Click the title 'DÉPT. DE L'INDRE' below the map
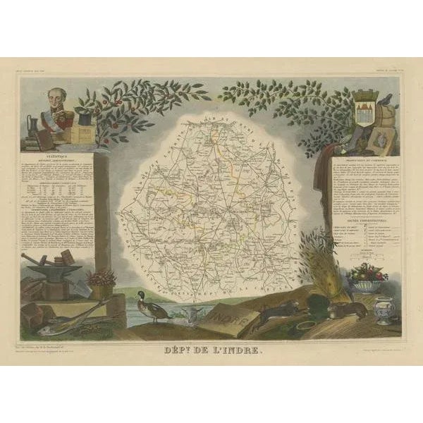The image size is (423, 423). pos(211,346)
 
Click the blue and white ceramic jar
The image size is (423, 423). pos(384,309)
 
